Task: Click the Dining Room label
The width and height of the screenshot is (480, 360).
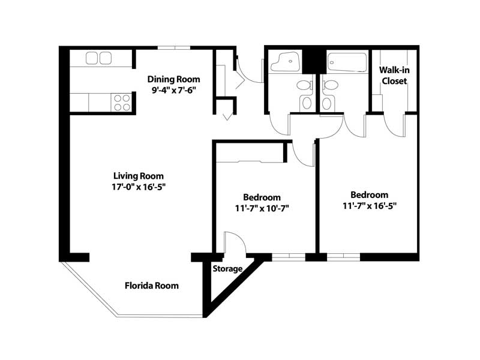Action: coord(173,79)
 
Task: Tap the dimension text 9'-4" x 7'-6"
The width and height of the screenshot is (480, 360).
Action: coord(173,91)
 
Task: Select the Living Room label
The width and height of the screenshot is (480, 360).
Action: coord(139,176)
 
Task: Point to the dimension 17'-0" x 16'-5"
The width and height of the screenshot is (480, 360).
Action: coord(139,187)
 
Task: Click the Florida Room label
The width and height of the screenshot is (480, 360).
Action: coord(152,286)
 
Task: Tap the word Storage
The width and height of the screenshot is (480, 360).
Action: coord(227,269)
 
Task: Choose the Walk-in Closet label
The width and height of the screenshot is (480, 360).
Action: coord(394,76)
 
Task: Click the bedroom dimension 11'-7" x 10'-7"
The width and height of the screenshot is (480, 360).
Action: coord(262,208)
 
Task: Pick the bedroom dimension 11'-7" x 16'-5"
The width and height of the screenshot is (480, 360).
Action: coord(370,206)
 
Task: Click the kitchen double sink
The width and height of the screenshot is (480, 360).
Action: coord(98,58)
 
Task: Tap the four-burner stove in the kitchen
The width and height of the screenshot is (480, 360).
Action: coord(122,103)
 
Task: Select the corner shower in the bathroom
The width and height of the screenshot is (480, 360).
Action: coord(285,62)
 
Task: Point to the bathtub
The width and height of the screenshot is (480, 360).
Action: coord(347,62)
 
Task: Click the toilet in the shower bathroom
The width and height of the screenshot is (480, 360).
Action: coord(306,94)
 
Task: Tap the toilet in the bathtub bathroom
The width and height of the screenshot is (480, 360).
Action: coord(329,94)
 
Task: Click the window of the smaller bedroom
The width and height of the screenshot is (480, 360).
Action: coord(289,257)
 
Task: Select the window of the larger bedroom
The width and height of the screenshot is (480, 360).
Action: coord(343,257)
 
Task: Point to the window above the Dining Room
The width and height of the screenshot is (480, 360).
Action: coord(174,47)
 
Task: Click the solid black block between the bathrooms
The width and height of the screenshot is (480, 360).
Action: coord(314,61)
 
